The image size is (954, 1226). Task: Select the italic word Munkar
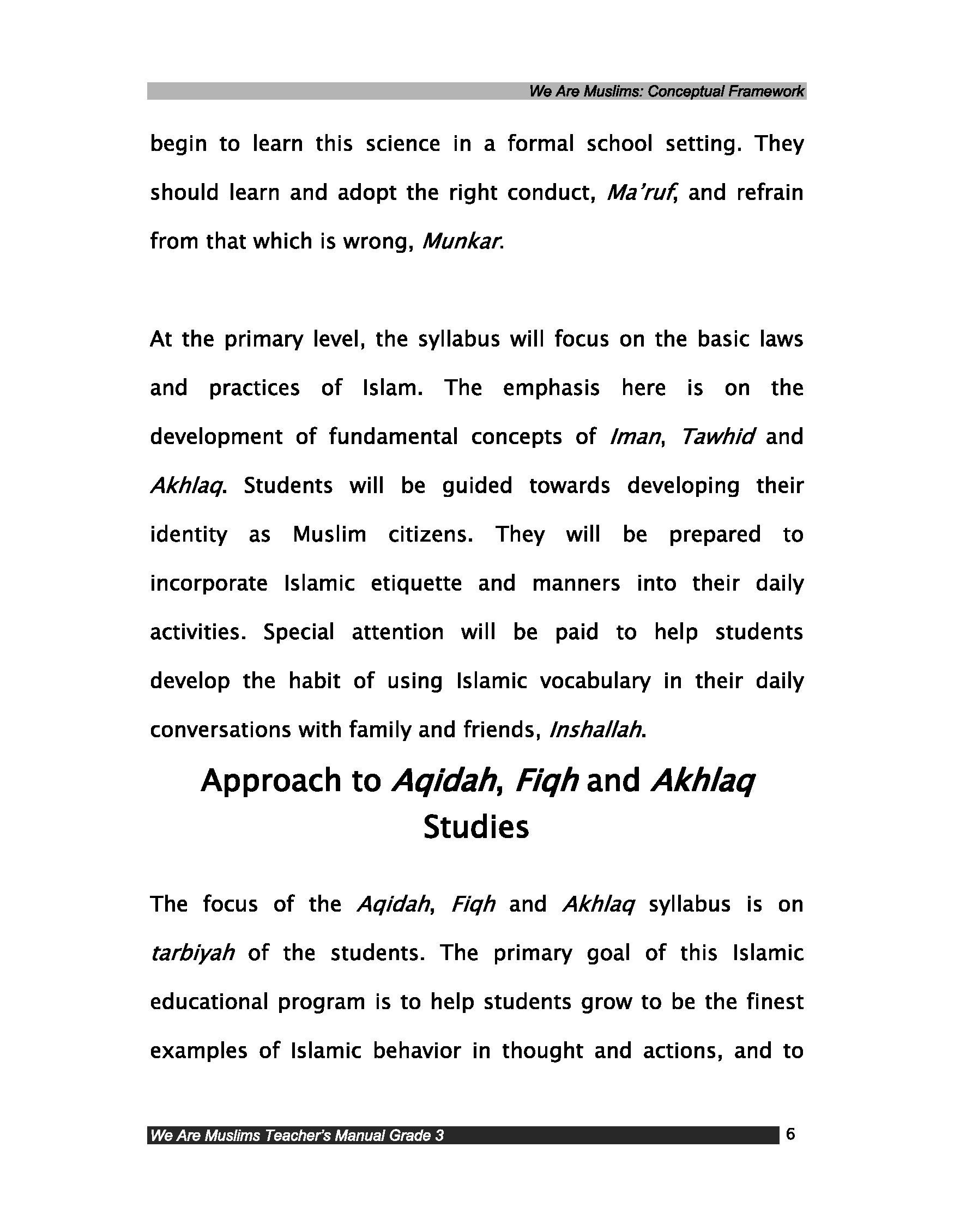pyautogui.click(x=461, y=242)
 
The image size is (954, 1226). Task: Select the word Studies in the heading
pyautogui.click(x=476, y=828)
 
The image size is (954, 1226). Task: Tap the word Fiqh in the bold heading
pyautogui.click(x=546, y=781)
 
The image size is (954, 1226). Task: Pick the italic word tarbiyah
pyautogui.click(x=192, y=954)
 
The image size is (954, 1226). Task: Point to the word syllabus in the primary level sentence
pyautogui.click(x=459, y=339)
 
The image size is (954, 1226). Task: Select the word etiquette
pyautogui.click(x=416, y=584)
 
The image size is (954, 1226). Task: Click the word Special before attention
pyautogui.click(x=299, y=633)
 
